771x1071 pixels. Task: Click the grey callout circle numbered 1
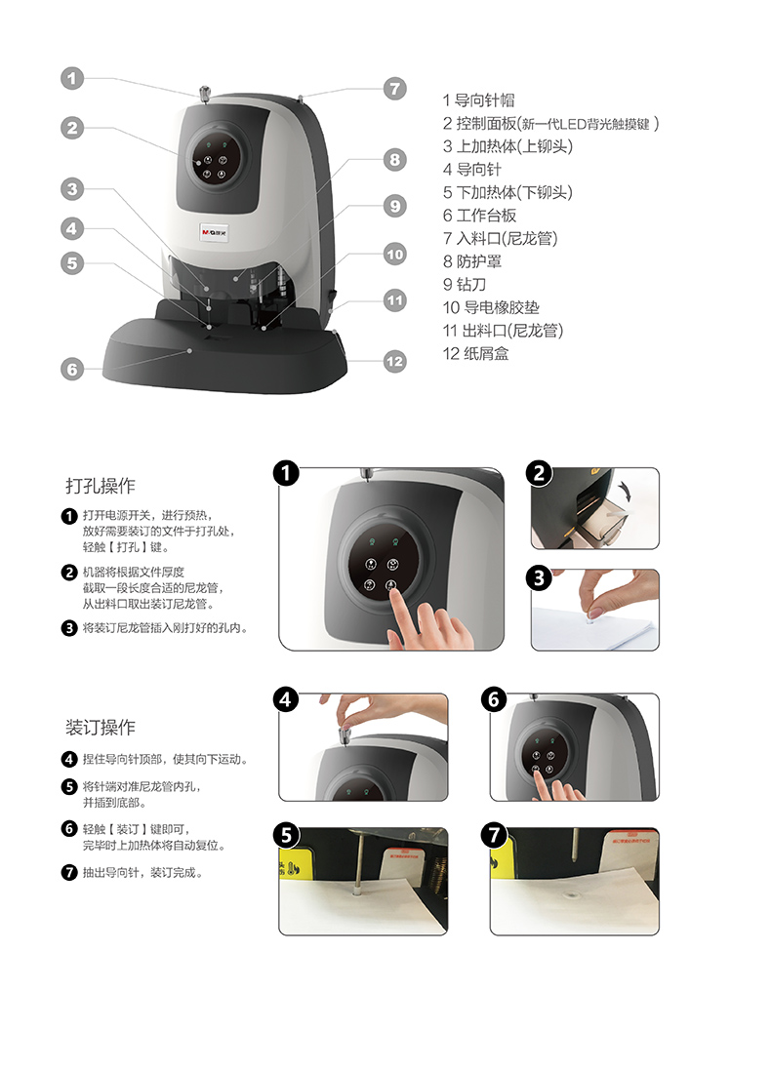(x=72, y=78)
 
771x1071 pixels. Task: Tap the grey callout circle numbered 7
(x=394, y=89)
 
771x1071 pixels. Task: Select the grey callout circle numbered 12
(x=394, y=361)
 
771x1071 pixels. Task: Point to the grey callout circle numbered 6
(x=72, y=370)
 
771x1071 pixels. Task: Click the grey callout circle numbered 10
(x=394, y=255)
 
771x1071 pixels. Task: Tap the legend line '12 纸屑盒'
(x=475, y=354)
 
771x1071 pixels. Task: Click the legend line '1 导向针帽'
(x=478, y=100)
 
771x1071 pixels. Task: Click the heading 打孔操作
(x=101, y=486)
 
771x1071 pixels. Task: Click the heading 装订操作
(x=101, y=728)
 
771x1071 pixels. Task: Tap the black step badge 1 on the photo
(x=286, y=473)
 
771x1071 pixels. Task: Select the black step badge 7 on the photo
(x=494, y=835)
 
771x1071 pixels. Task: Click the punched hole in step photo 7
(x=572, y=894)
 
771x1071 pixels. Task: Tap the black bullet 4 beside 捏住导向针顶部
(x=69, y=759)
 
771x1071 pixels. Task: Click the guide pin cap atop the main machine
(x=203, y=95)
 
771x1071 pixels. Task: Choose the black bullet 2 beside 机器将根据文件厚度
(x=69, y=572)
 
